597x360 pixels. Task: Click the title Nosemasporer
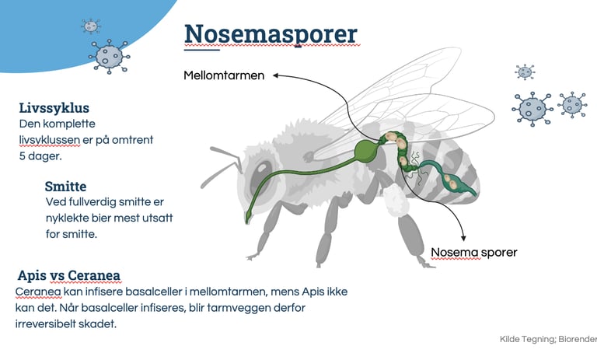(271, 34)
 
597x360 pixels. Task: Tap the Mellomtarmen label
(224, 76)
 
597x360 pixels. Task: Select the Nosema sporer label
(473, 252)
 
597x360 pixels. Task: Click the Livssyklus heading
(54, 108)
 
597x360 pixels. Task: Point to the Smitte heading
(65, 187)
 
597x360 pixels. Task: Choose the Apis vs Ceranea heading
(68, 275)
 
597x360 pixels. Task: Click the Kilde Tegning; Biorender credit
(548, 339)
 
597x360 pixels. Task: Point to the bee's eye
(258, 173)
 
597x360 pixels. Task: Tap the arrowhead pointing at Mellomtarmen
(276, 76)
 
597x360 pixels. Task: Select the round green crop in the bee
(365, 150)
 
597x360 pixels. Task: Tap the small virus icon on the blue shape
(91, 26)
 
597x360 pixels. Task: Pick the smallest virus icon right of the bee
(525, 72)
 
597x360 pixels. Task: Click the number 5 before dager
(23, 156)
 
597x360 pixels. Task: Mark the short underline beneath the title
(202, 52)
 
